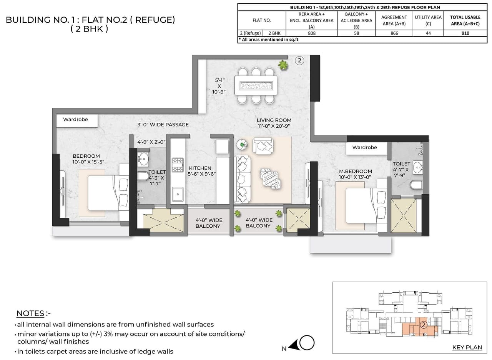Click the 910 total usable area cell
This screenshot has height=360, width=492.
click(x=465, y=33)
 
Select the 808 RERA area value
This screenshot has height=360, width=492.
click(x=311, y=33)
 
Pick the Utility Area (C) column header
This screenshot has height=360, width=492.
click(x=428, y=20)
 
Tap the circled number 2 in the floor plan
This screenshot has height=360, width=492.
click(x=300, y=60)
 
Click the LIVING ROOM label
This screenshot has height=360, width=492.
click(x=274, y=123)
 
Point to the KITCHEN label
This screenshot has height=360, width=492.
click(x=200, y=171)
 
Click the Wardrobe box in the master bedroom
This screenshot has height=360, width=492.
click(x=364, y=147)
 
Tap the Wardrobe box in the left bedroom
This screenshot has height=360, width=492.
click(x=76, y=120)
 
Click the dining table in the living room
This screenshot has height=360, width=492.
click(x=256, y=85)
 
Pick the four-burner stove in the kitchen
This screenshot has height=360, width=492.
click(x=177, y=164)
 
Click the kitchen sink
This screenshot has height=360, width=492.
click(x=177, y=194)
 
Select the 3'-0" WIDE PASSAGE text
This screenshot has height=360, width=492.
click(x=163, y=125)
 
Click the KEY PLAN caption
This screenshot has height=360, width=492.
click(x=467, y=347)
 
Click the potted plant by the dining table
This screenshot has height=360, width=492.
click(x=283, y=65)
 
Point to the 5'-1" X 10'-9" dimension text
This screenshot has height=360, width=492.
click(x=220, y=87)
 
